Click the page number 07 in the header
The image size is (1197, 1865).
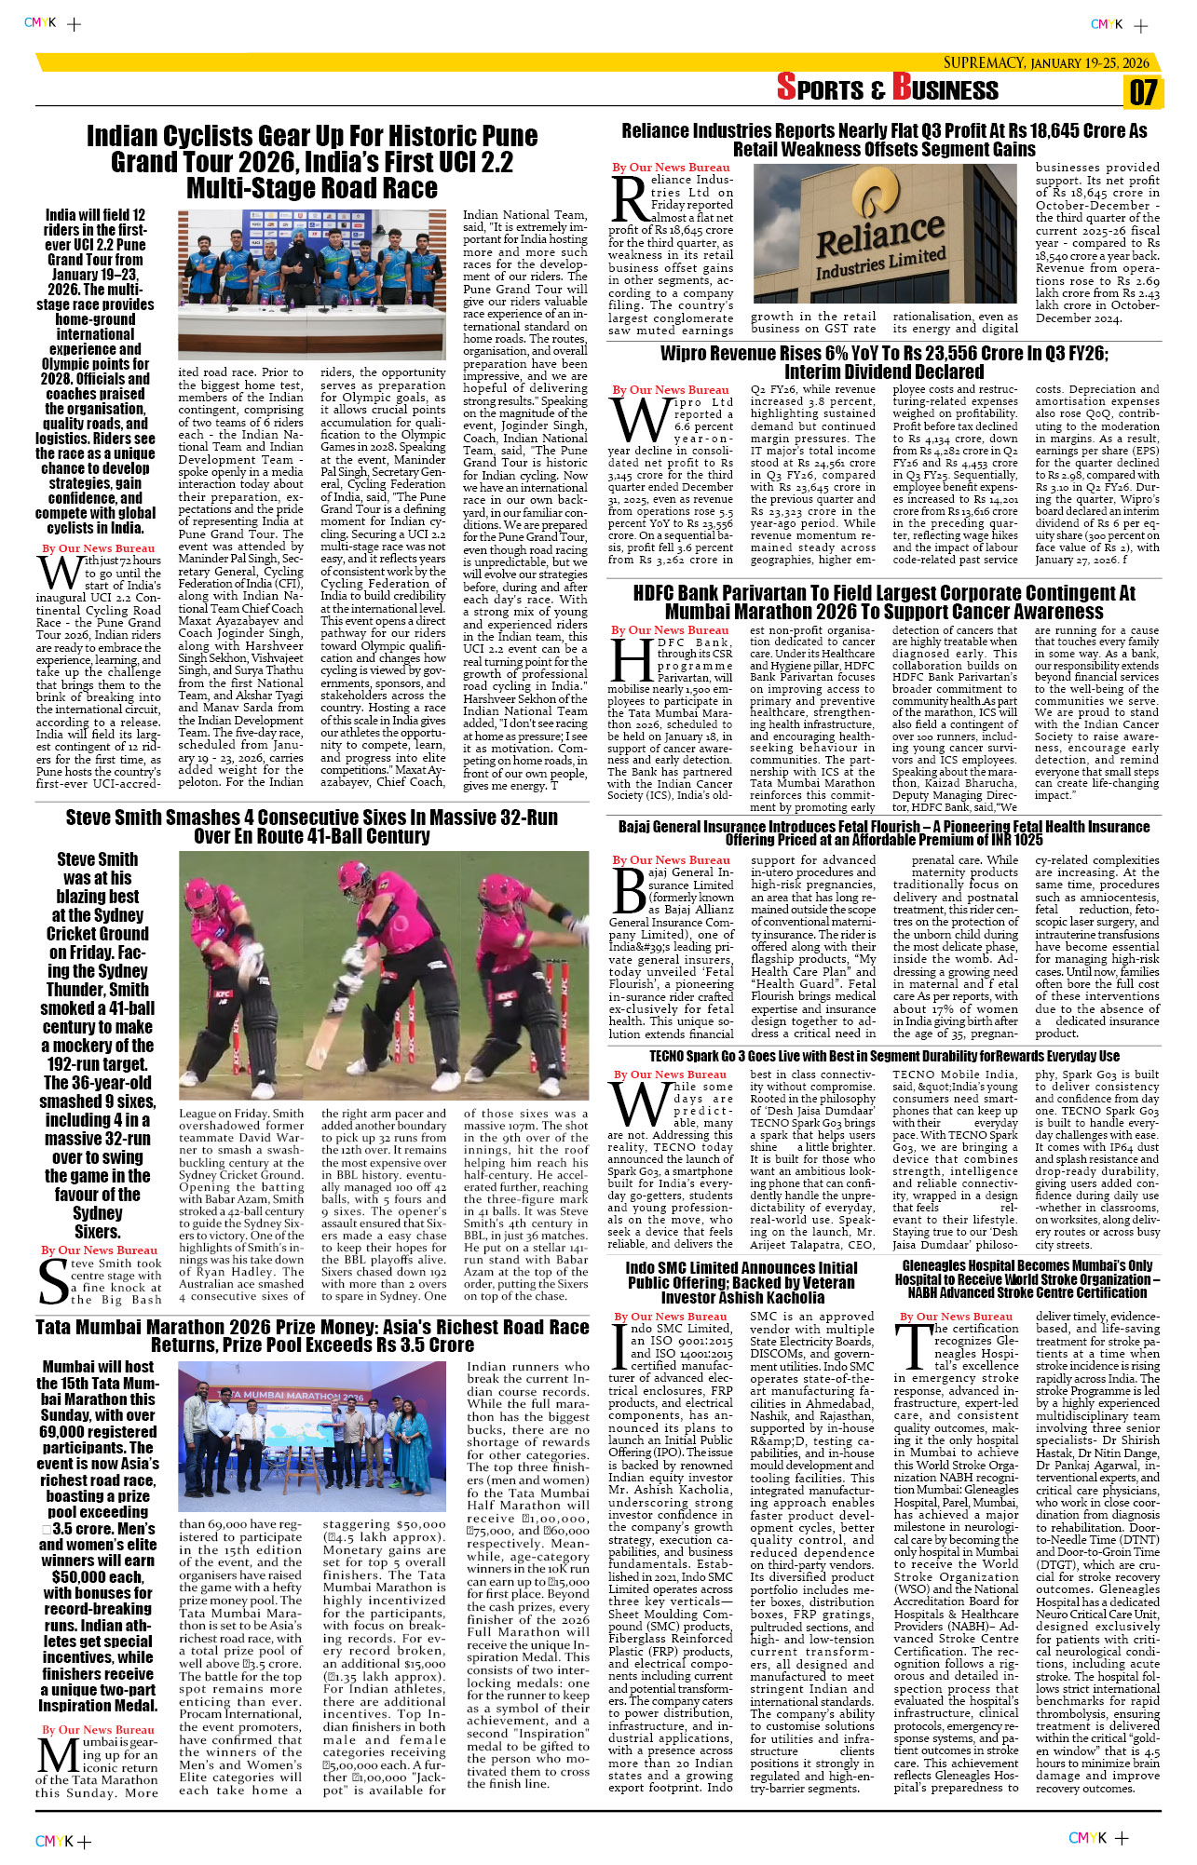1143,92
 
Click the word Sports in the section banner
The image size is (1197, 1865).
820,88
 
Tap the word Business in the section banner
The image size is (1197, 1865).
945,88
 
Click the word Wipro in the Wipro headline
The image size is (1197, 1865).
690,354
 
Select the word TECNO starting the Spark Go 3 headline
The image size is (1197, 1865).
666,1057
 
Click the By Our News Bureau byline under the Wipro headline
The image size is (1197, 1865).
671,390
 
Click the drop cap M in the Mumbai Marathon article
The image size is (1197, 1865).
58,1755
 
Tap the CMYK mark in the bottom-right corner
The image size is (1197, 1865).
1087,1837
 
